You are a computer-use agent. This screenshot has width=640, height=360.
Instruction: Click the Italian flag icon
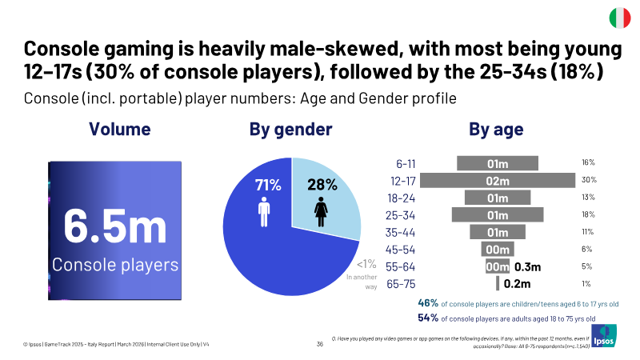(619, 18)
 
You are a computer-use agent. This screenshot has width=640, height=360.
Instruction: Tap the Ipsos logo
(604, 336)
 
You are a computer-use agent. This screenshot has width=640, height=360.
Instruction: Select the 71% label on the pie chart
(268, 186)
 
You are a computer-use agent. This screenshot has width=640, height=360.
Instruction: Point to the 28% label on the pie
(322, 185)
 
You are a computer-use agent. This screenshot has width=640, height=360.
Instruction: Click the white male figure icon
(264, 212)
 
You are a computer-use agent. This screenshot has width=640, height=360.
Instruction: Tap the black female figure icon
(322, 212)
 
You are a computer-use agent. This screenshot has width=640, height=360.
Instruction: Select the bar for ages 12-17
(498, 181)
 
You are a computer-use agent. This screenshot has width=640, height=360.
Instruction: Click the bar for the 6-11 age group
(498, 163)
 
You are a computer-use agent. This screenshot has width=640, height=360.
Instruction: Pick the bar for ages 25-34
(498, 214)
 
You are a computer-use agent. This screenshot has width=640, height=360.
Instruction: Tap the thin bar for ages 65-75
(498, 283)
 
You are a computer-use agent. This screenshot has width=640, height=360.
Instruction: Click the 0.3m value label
(527, 267)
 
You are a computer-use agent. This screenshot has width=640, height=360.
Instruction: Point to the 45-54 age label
(401, 250)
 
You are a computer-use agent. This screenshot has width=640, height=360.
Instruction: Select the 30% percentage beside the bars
(589, 179)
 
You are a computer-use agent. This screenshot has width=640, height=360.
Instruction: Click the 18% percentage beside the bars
(588, 214)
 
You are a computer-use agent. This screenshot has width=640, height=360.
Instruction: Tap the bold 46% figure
(428, 303)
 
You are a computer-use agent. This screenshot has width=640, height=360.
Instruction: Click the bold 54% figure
(428, 318)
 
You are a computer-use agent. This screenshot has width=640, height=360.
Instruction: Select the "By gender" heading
(290, 130)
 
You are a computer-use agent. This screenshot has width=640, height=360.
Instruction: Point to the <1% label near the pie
(366, 264)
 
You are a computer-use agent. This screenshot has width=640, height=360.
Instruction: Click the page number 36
(319, 344)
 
